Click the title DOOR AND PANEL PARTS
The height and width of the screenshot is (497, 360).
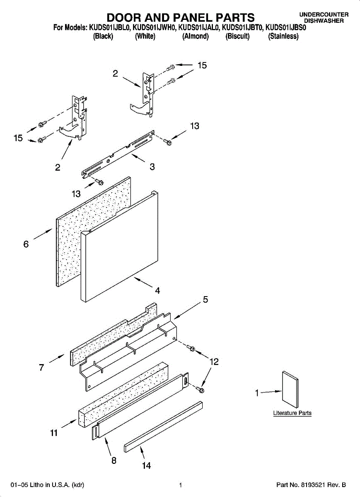point(181,17)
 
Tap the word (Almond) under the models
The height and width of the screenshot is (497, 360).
point(196,36)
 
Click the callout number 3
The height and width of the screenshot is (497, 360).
point(152,167)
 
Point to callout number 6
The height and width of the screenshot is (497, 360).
point(26,244)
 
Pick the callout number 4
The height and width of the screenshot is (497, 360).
point(157,290)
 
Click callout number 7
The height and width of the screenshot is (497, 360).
point(41,367)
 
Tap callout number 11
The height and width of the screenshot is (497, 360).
point(54,433)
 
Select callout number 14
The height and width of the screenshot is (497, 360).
point(146,466)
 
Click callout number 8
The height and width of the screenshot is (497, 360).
point(114,460)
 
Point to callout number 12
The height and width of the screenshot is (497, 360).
point(214,362)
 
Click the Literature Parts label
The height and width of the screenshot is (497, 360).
point(292,413)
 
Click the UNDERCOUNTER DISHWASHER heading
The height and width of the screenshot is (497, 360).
point(324,17)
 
